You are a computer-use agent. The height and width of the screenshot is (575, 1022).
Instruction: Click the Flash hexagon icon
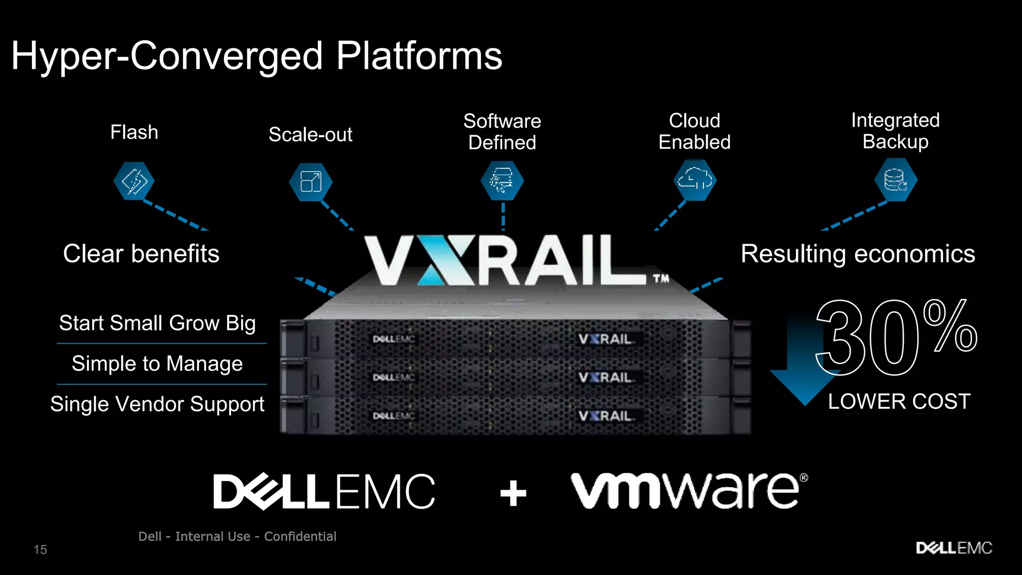[x=134, y=181]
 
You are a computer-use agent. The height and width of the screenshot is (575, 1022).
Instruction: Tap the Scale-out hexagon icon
[x=310, y=182]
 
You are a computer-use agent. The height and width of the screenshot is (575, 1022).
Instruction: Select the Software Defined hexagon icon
[x=502, y=180]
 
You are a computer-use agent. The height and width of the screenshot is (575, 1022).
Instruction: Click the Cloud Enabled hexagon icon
[x=695, y=180]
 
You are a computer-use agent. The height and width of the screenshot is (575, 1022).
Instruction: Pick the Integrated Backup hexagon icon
[x=896, y=180]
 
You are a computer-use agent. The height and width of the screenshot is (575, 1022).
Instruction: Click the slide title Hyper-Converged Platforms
[x=256, y=56]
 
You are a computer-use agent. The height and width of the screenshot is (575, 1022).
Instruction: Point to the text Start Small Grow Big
[x=157, y=323]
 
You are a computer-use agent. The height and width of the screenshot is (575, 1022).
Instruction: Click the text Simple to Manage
[x=157, y=363]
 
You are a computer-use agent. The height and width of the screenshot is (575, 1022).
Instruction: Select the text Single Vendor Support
[x=157, y=404]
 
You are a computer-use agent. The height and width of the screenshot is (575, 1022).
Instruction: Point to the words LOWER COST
[x=899, y=401]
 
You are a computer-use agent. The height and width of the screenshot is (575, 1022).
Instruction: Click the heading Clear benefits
[x=141, y=254]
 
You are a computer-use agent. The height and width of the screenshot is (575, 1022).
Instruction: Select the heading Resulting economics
[x=857, y=254]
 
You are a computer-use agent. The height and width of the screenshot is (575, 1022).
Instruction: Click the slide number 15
[x=40, y=550]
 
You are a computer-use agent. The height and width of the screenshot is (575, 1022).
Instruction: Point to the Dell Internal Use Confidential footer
[x=237, y=537]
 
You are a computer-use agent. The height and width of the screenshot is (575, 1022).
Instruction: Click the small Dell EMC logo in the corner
[x=954, y=548]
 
